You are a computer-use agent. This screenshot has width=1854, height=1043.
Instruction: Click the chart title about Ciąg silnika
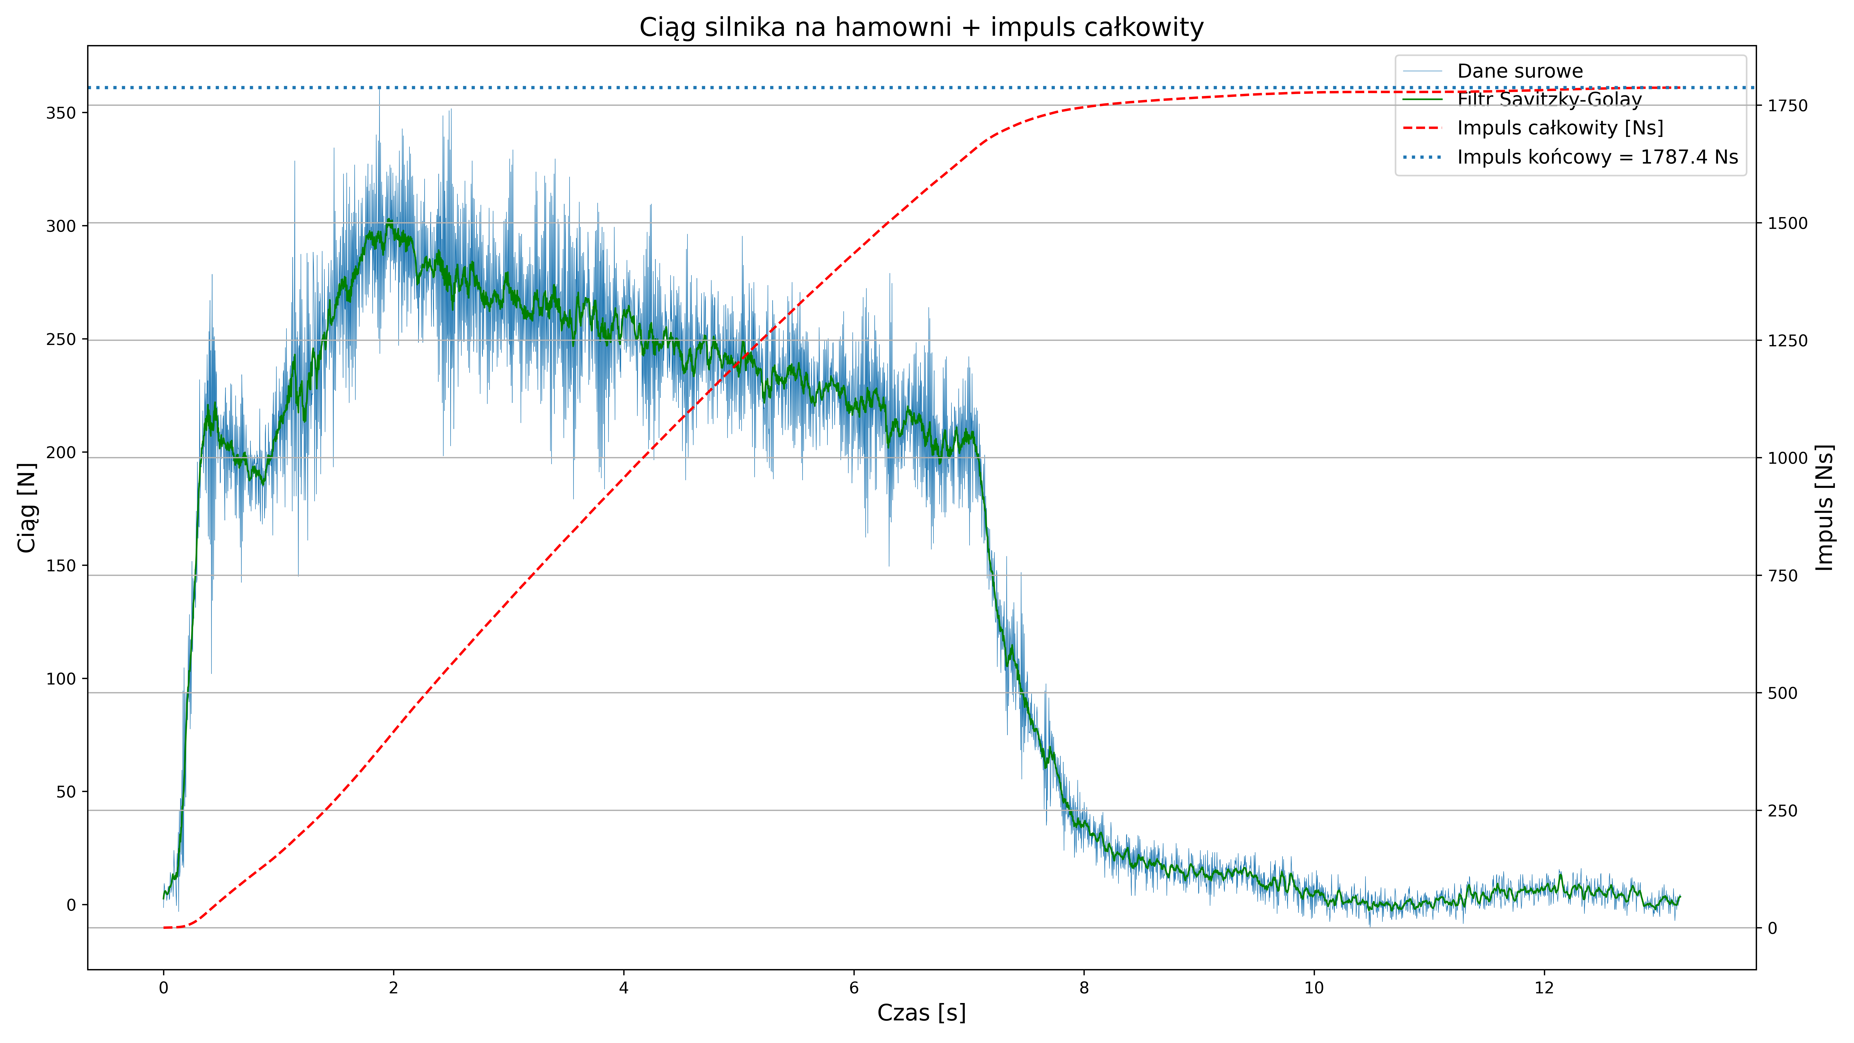(x=921, y=27)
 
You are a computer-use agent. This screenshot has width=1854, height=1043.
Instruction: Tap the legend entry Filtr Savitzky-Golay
(x=1549, y=99)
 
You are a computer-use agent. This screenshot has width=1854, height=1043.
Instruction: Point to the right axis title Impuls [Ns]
(x=1824, y=507)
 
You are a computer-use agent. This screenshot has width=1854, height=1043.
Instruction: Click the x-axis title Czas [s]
(x=921, y=1013)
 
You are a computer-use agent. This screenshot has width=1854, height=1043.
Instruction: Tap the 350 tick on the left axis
(x=60, y=113)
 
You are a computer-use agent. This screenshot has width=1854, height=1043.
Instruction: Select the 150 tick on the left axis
(x=60, y=566)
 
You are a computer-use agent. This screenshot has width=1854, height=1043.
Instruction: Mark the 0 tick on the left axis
(x=71, y=905)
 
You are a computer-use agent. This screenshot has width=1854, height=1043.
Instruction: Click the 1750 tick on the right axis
(x=1788, y=106)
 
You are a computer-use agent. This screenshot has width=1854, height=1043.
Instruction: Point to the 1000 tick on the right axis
(x=1788, y=458)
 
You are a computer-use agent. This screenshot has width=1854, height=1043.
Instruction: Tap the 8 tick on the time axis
(x=1084, y=988)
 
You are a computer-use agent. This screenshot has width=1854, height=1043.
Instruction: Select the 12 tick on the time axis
(x=1544, y=988)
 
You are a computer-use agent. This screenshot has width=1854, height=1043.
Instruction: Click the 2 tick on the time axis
(x=394, y=988)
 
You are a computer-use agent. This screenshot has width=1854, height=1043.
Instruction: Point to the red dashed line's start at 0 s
(x=164, y=928)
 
